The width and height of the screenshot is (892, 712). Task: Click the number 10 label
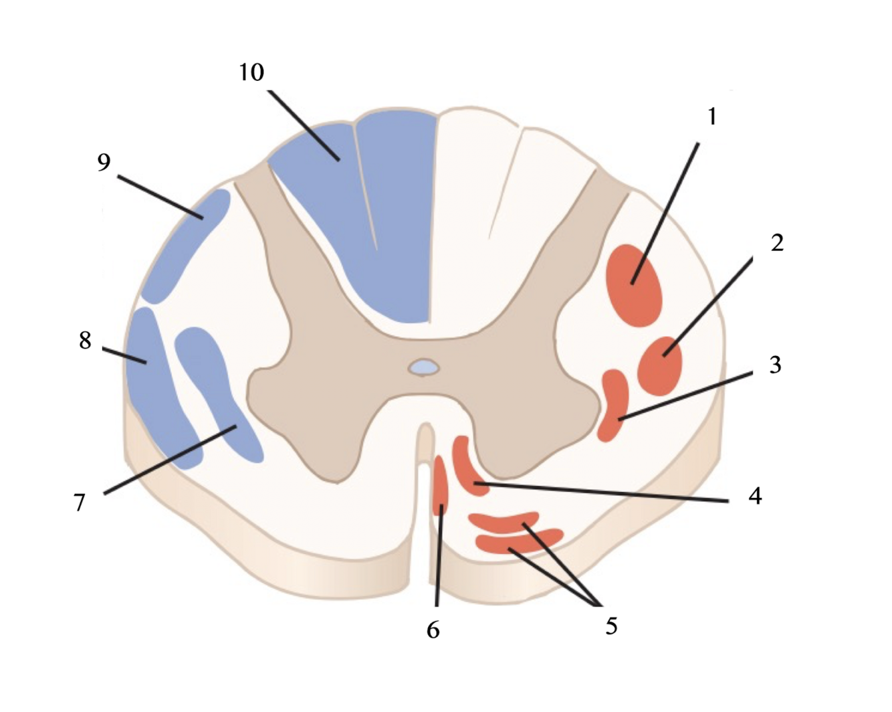click(x=251, y=72)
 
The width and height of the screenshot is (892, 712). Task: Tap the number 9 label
click(x=104, y=162)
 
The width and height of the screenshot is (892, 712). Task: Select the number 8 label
click(x=85, y=341)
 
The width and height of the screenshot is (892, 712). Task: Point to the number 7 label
click(x=80, y=502)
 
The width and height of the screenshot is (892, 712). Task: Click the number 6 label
click(x=433, y=630)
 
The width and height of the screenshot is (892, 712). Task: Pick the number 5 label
click(x=611, y=626)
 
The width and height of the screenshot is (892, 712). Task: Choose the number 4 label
click(x=755, y=496)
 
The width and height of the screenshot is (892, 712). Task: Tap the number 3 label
click(x=775, y=365)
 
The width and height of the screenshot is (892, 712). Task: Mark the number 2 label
click(x=776, y=243)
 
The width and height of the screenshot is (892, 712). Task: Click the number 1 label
click(x=712, y=116)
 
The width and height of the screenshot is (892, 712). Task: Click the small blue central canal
click(x=424, y=367)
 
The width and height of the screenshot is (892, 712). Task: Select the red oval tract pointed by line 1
click(x=634, y=285)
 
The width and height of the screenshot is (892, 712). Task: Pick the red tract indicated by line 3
click(x=613, y=405)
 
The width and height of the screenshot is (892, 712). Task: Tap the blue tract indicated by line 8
click(x=157, y=388)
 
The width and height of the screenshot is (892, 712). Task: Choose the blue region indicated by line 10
click(x=374, y=201)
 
